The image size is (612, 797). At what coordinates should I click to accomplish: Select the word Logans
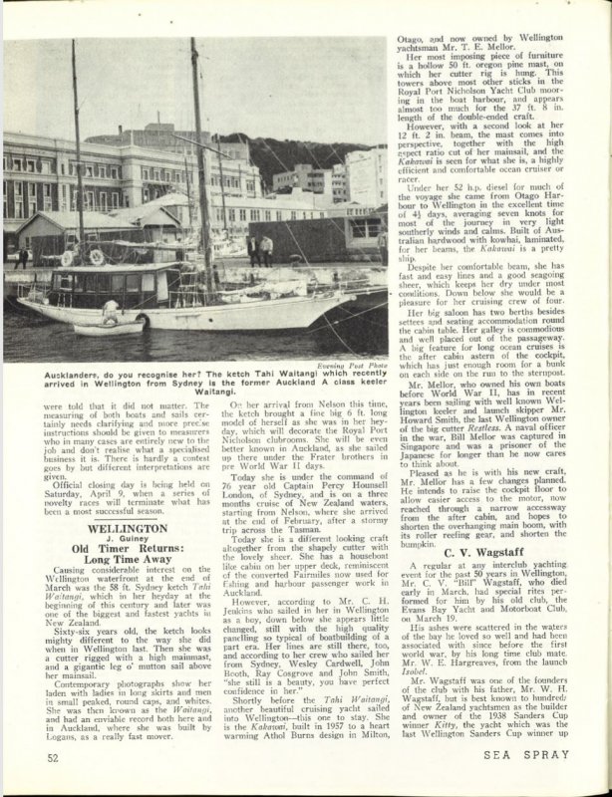pyautogui.click(x=59, y=740)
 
